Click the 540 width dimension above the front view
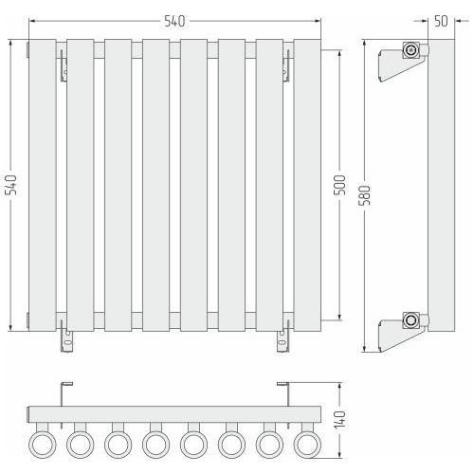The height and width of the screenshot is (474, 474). pyautogui.click(x=174, y=22)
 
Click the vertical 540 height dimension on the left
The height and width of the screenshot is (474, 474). pyautogui.click(x=11, y=185)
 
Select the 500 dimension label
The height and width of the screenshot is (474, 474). pyautogui.click(x=339, y=185)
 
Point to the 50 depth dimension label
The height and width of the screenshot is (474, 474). pyautogui.click(x=441, y=21)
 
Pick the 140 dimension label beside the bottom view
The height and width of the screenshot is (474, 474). pyautogui.click(x=339, y=420)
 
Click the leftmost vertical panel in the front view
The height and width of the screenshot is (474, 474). pyautogui.click(x=43, y=185)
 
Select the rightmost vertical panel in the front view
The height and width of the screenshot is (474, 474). pyautogui.click(x=307, y=185)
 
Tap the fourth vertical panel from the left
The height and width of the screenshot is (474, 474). pyautogui.click(x=155, y=185)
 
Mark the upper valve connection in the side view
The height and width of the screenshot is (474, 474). pyautogui.click(x=410, y=50)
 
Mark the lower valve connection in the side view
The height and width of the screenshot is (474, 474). pyautogui.click(x=410, y=320)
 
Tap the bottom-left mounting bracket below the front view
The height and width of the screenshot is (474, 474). pyautogui.click(x=67, y=341)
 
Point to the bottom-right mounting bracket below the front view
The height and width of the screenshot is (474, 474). pyautogui.click(x=283, y=341)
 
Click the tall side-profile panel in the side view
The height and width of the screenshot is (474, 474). pyautogui.click(x=441, y=185)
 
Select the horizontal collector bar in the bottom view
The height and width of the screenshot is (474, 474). pyautogui.click(x=174, y=414)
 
